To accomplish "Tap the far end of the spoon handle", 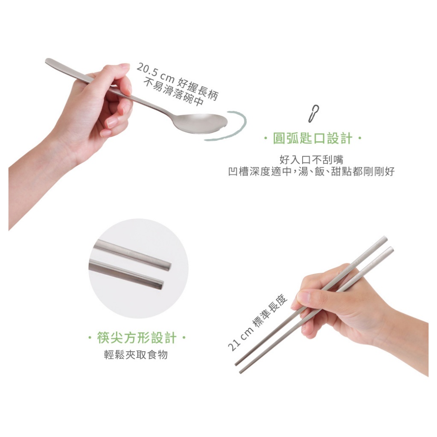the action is [x=48, y=61].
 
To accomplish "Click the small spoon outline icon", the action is [x=314, y=114].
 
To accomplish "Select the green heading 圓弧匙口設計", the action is [x=313, y=138].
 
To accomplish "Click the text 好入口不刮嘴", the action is [x=311, y=160].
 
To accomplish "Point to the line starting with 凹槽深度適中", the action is [x=311, y=172].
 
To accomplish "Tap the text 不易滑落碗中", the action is [x=173, y=92].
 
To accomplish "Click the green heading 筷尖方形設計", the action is [x=137, y=338].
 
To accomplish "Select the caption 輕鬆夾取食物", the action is [x=136, y=355].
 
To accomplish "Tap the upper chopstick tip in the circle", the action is [x=169, y=266].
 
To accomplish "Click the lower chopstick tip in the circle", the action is [x=162, y=285].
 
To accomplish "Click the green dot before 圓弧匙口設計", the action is [x=266, y=139].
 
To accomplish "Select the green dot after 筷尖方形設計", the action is [x=184, y=338].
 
